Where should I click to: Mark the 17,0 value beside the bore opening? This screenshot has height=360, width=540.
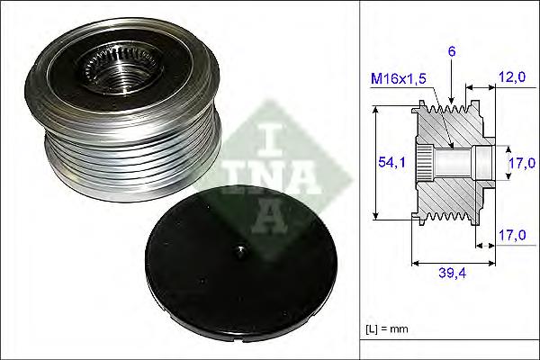(x=517, y=165)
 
